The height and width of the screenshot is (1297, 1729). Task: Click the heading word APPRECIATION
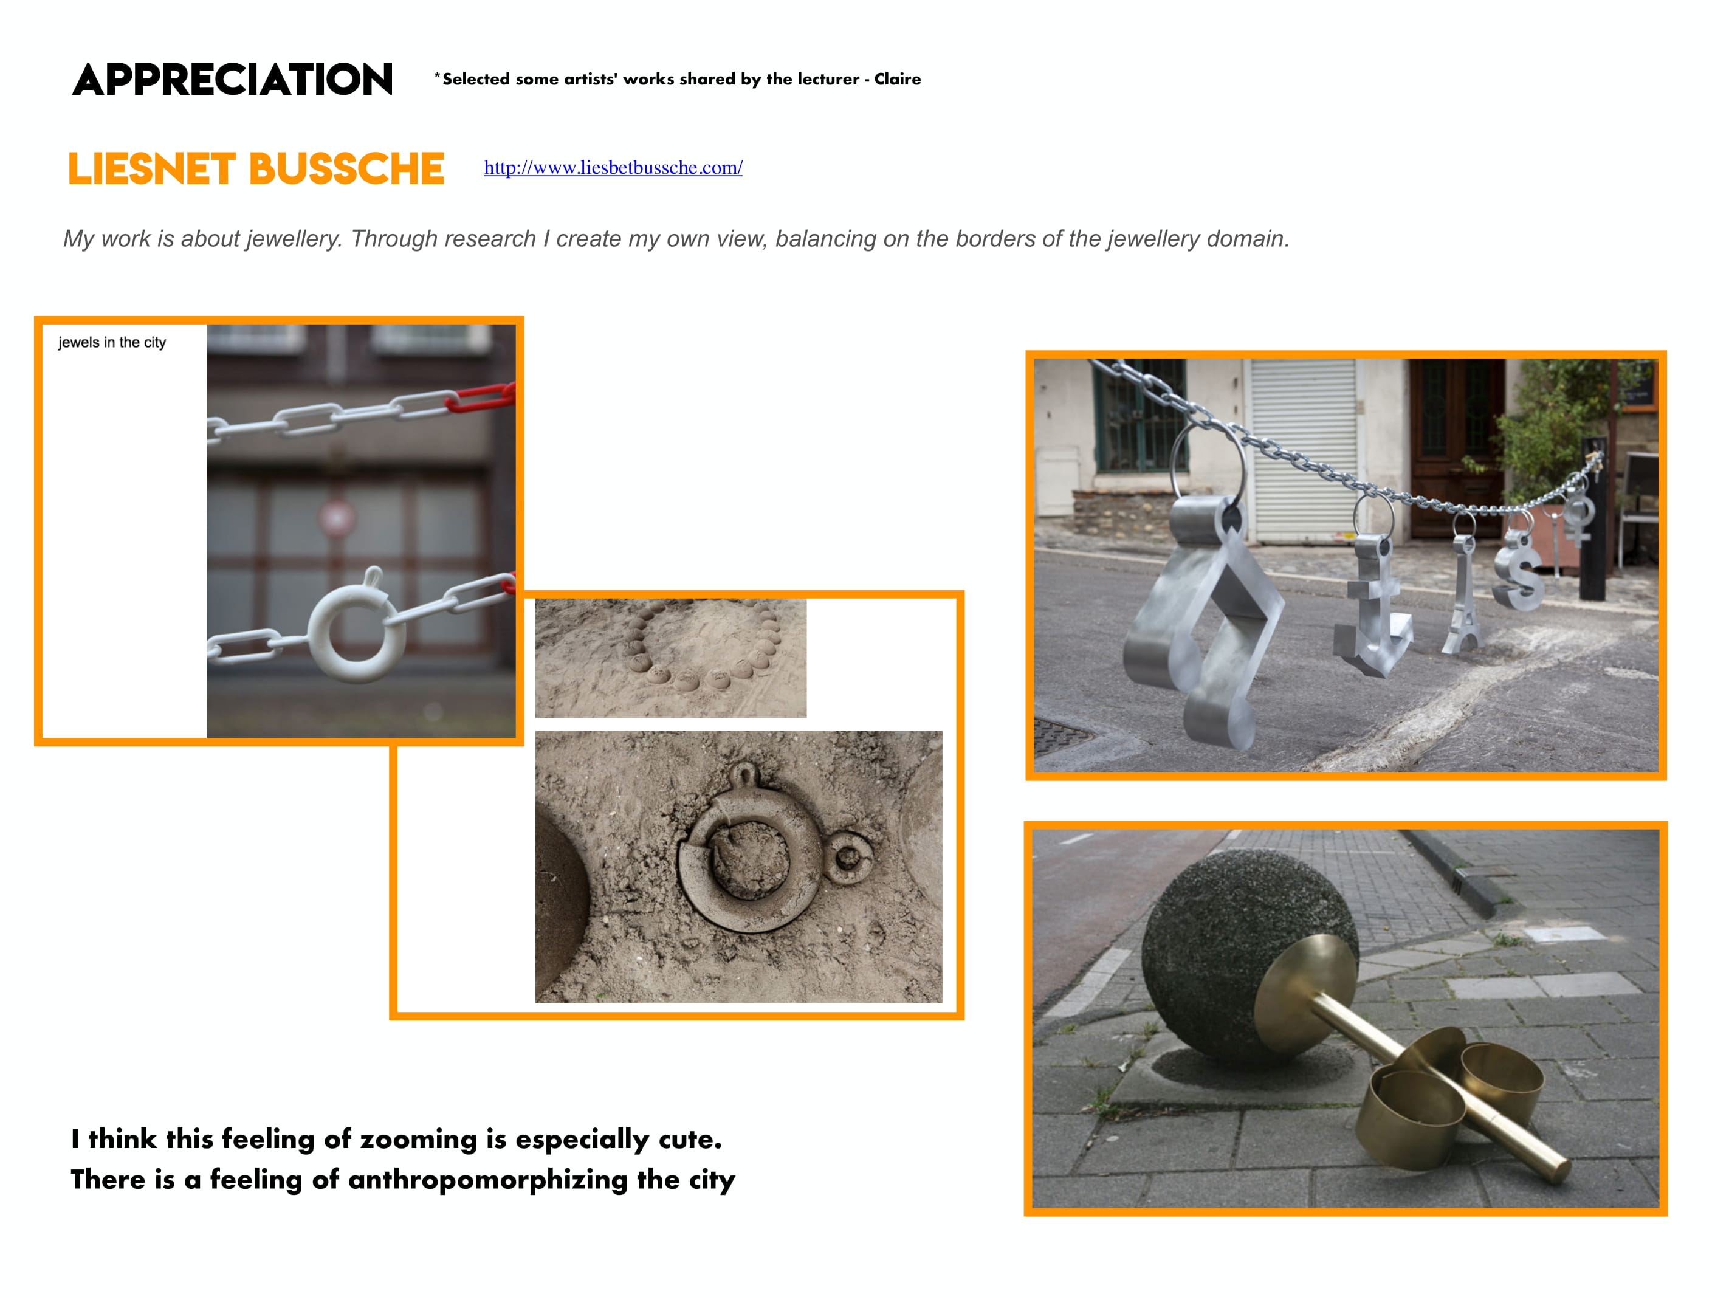point(232,80)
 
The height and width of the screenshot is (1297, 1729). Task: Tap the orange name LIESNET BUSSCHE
point(256,169)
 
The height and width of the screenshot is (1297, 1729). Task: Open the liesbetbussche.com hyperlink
point(613,167)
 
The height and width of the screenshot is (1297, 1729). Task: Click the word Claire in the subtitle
point(898,79)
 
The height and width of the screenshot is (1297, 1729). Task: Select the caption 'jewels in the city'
point(112,342)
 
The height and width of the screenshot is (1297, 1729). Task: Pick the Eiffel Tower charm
point(1463,594)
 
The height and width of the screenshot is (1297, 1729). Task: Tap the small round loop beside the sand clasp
point(848,858)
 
